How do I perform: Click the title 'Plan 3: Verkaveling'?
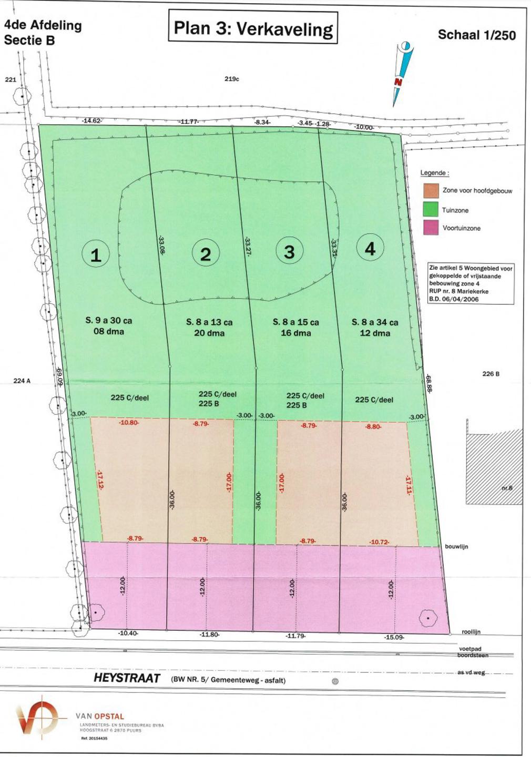tap(253, 28)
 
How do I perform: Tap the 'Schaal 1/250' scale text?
tap(476, 35)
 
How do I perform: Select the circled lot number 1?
tap(96, 255)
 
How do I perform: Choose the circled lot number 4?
tap(370, 248)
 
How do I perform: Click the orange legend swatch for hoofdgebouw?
tap(431, 190)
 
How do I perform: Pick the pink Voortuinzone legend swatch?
tap(431, 228)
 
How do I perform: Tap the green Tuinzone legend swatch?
tap(431, 209)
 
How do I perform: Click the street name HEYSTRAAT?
tap(127, 678)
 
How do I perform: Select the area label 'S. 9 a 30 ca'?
tap(109, 320)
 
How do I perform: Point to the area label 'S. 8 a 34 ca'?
tap(375, 322)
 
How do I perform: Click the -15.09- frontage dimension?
tap(394, 637)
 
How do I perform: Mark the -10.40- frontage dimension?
tap(128, 633)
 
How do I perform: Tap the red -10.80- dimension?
tap(128, 423)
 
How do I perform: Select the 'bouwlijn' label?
tap(456, 547)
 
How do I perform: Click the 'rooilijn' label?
tap(471, 632)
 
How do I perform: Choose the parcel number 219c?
tap(232, 79)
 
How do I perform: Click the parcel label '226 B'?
tap(491, 374)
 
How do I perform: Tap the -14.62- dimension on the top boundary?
tap(91, 121)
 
